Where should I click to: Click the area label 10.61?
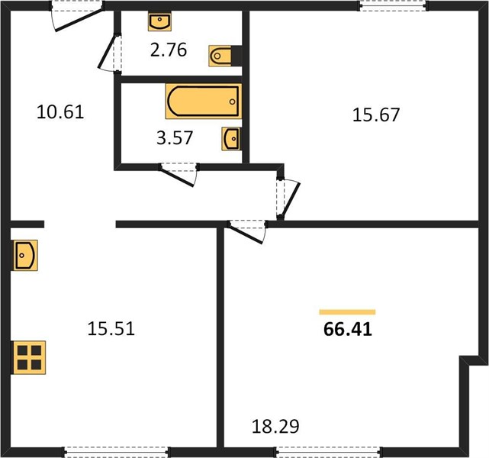(x=60, y=112)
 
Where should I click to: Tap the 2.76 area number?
(x=169, y=50)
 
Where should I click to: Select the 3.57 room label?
(x=175, y=138)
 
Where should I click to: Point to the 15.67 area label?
(x=376, y=114)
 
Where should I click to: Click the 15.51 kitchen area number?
(x=111, y=329)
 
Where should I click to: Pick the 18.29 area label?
(x=275, y=427)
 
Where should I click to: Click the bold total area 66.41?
(x=348, y=329)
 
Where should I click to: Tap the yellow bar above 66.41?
(x=347, y=312)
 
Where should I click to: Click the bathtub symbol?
(x=204, y=102)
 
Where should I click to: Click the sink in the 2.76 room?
(x=159, y=21)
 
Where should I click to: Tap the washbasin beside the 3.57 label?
(x=231, y=139)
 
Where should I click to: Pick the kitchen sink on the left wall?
(x=25, y=255)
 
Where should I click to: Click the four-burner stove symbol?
(x=29, y=357)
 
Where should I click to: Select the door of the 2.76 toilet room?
(x=109, y=53)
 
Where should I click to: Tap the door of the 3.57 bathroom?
(x=179, y=174)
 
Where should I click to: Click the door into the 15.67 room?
(x=288, y=198)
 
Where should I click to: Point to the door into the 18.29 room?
(x=247, y=231)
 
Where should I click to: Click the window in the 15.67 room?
(x=393, y=6)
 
